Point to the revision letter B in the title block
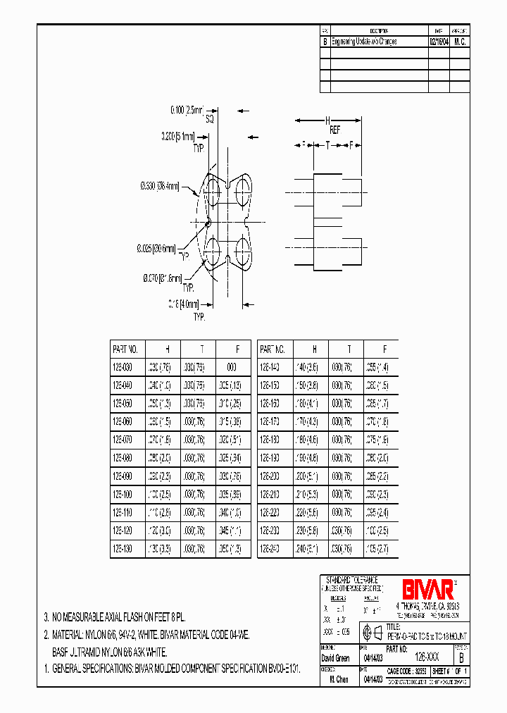[x=461, y=656]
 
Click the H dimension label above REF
[x=327, y=120]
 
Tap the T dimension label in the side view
[x=327, y=144]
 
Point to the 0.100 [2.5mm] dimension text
[x=186, y=111]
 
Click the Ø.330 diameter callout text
[x=158, y=186]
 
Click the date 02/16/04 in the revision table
[x=438, y=42]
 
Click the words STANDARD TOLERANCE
[x=352, y=579]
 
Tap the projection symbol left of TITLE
[x=370, y=631]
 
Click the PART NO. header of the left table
[x=125, y=349]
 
